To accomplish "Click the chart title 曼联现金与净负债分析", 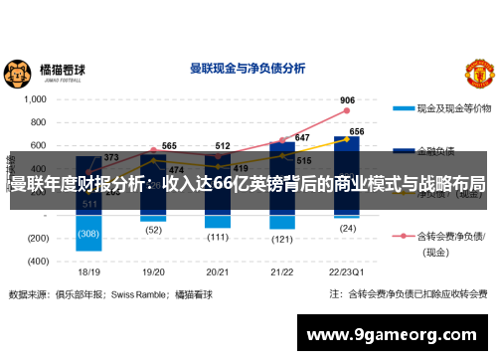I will (248, 70).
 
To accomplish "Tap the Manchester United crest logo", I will (478, 73).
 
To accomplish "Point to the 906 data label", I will (347, 100).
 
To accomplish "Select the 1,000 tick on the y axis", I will (35, 99).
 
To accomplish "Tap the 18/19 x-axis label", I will (89, 271).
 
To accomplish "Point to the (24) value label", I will (347, 228).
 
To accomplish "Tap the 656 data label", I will (356, 131).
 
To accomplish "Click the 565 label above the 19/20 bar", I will (170, 146).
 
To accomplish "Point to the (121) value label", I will (282, 239).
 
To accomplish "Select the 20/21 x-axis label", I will (218, 271).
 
